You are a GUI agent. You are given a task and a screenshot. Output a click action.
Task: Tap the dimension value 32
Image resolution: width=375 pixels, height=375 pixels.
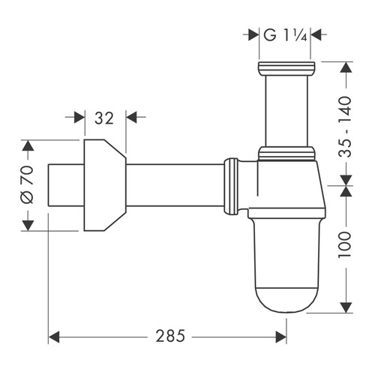pos(104,117)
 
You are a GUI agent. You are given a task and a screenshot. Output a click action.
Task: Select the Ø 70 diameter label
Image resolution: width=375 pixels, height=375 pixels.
pos(25,185)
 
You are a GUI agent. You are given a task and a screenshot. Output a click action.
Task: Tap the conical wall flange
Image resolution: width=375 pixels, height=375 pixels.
pos(103,185)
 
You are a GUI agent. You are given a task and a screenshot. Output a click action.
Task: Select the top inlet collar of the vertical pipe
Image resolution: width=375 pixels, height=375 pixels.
pos(286,70)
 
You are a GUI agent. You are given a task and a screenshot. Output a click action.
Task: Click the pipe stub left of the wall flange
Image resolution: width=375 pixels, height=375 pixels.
pos(64,185)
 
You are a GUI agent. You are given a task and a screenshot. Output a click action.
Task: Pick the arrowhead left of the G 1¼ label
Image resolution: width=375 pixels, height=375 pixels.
pos(252,34)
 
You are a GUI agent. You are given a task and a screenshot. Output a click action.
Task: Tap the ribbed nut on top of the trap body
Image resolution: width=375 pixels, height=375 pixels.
pos(286,154)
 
